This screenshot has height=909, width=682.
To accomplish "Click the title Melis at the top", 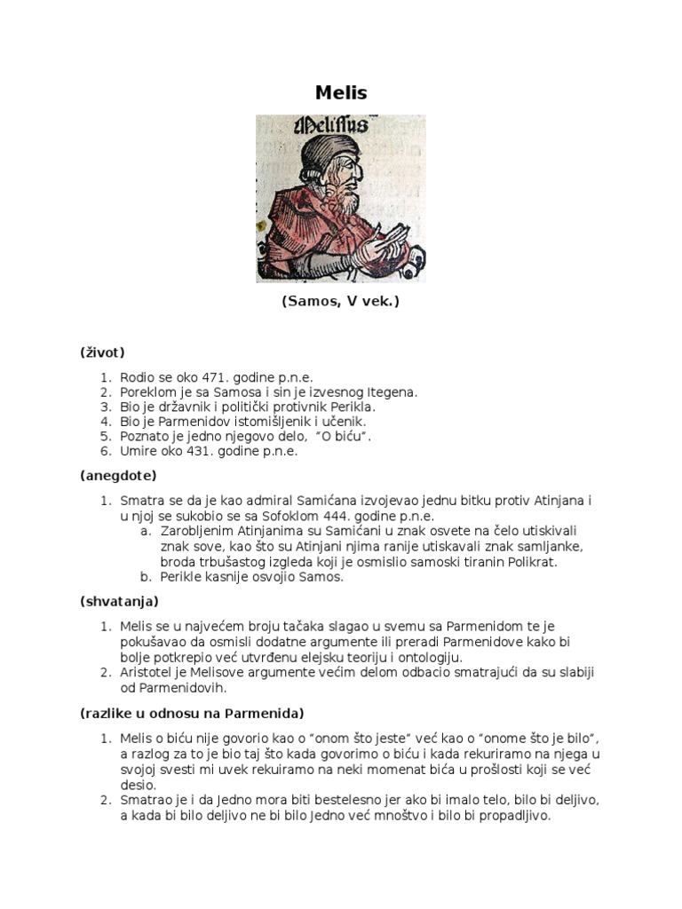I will (x=341, y=92).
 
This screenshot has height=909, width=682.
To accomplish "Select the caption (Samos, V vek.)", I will (x=341, y=302).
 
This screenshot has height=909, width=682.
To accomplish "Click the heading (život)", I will (x=102, y=352).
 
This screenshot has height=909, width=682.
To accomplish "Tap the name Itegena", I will (x=387, y=391).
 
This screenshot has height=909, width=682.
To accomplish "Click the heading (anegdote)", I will (x=118, y=476).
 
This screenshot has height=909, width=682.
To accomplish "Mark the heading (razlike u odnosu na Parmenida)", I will (x=192, y=713).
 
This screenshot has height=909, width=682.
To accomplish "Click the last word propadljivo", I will (x=511, y=816).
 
